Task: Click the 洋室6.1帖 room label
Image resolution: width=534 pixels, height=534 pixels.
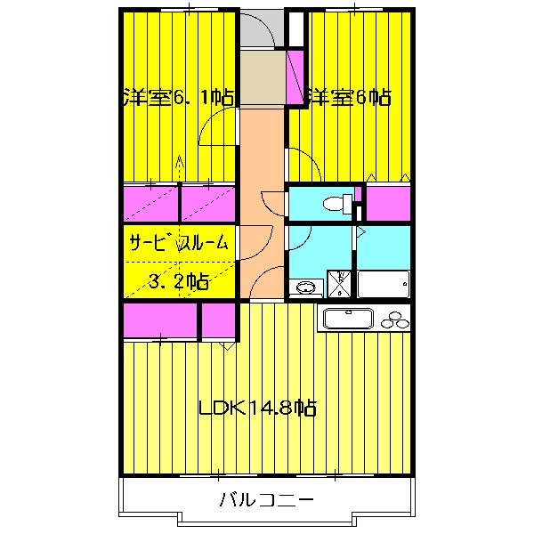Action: click(178, 97)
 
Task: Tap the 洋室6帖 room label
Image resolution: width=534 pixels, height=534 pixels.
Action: click(350, 97)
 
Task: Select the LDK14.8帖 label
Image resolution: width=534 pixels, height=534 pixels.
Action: click(257, 409)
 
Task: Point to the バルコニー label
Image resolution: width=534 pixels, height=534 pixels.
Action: click(266, 500)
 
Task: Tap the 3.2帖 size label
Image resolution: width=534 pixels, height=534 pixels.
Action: click(179, 283)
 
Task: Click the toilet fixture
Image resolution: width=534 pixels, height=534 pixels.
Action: click(336, 204)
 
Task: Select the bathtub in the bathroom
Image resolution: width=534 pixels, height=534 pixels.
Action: click(384, 284)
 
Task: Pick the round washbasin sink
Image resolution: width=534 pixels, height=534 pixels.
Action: click(306, 287)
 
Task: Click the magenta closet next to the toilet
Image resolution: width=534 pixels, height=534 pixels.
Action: click(388, 204)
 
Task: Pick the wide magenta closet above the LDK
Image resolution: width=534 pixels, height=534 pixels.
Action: click(160, 321)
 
